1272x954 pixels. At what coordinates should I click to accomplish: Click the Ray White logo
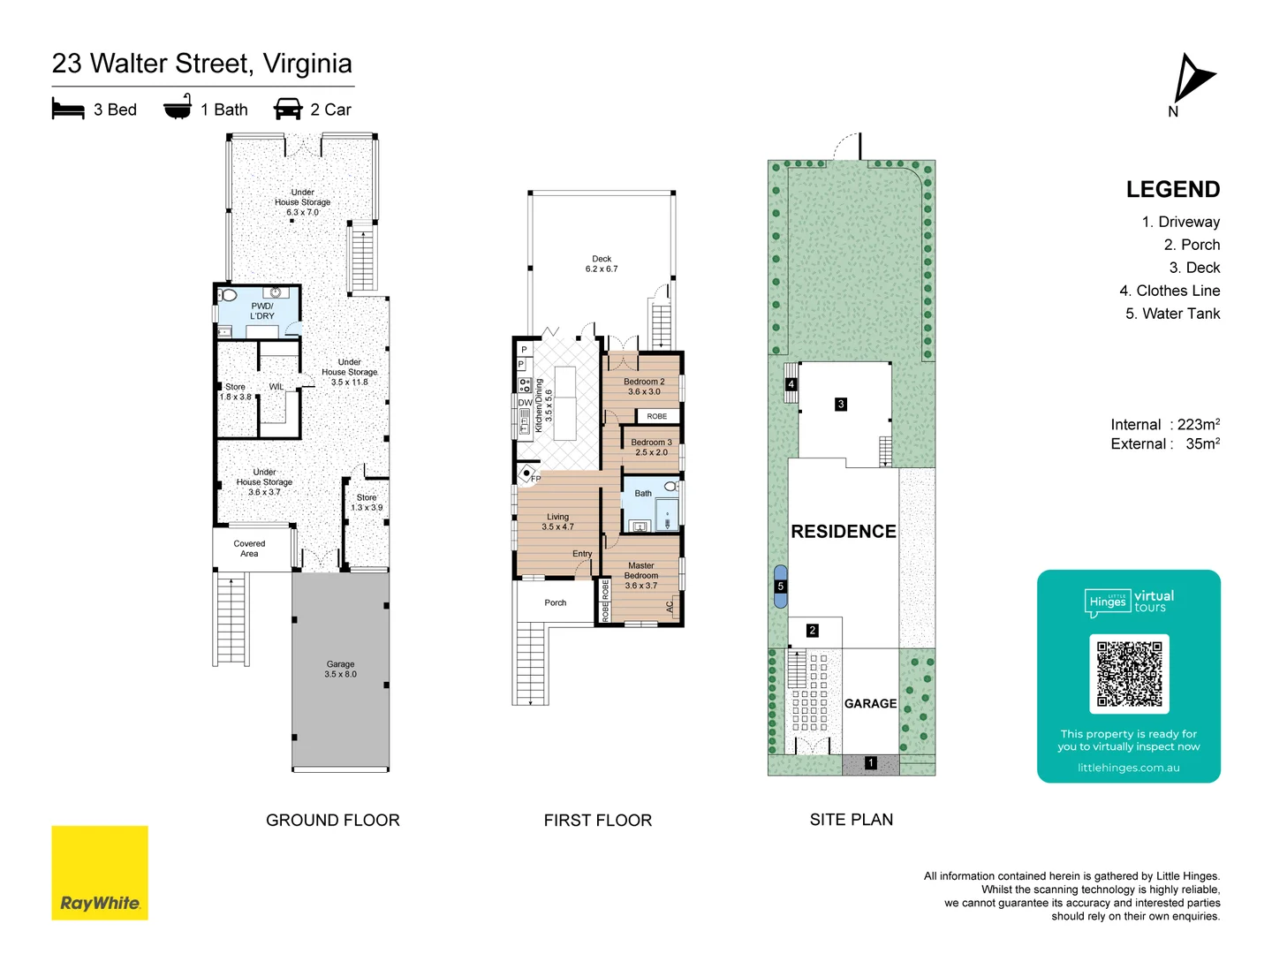tap(100, 873)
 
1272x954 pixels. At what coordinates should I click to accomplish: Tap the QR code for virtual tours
tap(1129, 673)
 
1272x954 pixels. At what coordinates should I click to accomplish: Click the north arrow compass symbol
tap(1192, 79)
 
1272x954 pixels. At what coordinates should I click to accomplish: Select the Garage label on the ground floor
tap(340, 669)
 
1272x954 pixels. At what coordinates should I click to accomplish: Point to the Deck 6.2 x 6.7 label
tap(602, 264)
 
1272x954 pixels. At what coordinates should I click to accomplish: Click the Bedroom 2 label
tap(644, 387)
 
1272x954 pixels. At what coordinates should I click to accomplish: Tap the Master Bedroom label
tap(641, 575)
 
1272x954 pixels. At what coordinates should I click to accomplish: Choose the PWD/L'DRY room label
tap(262, 311)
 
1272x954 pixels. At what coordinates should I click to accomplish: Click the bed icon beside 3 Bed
tap(68, 110)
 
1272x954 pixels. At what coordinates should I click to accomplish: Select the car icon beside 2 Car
tap(288, 110)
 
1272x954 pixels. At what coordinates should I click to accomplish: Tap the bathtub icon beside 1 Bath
tap(178, 108)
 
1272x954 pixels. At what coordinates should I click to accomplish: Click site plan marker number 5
tap(780, 587)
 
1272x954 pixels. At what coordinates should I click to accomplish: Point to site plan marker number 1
tap(870, 763)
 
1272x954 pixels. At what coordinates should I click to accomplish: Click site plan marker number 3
tap(841, 404)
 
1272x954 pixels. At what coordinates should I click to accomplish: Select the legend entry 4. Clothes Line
tap(1170, 291)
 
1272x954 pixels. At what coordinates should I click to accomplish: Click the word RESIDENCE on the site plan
tap(844, 532)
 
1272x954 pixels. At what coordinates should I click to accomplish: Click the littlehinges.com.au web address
tap(1128, 768)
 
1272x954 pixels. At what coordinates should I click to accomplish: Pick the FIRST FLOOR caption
tap(597, 821)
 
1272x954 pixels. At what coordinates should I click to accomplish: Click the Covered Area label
tap(249, 549)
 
